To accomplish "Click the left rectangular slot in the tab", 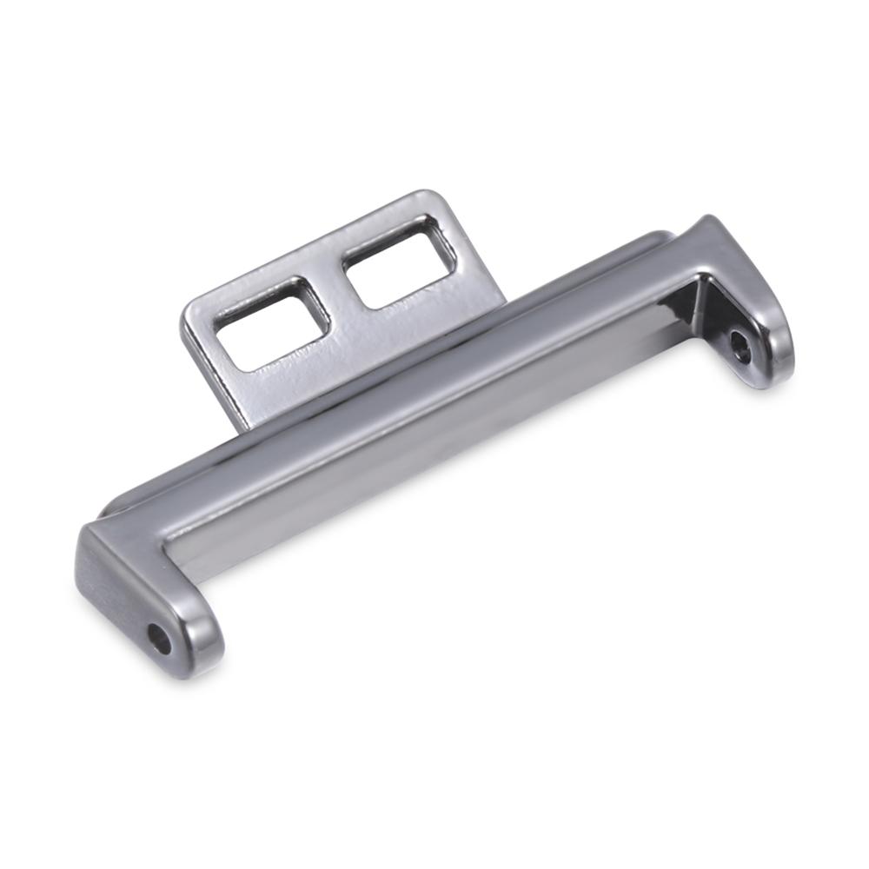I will [271, 322].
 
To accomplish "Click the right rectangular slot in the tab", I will [399, 262].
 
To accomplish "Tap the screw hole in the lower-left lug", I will [159, 639].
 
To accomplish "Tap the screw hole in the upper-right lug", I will [740, 348].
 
